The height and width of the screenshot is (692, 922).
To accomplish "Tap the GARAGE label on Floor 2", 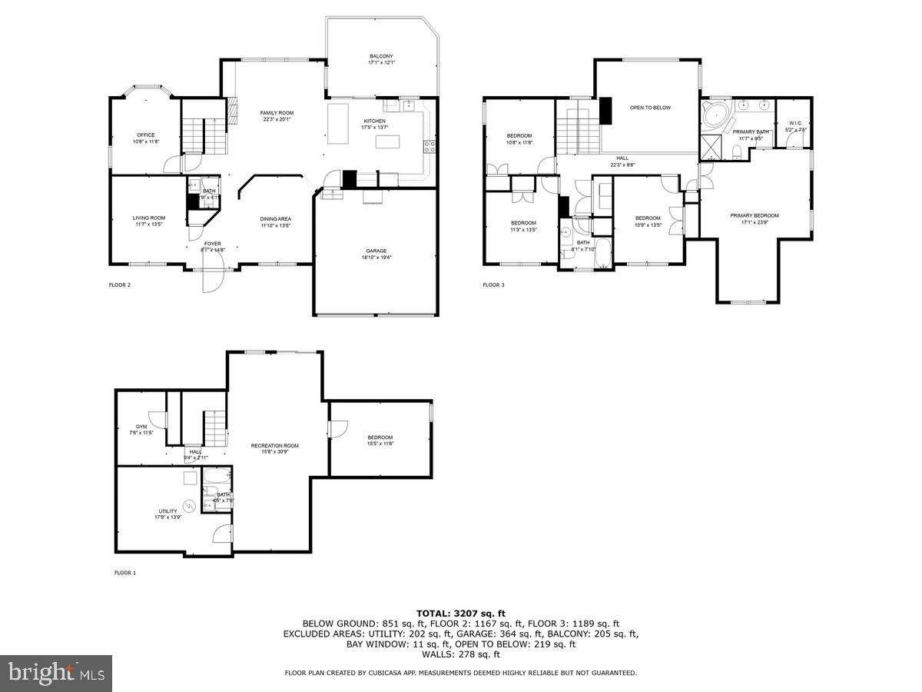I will [x=376, y=251].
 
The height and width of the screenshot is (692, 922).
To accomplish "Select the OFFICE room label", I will [x=146, y=135].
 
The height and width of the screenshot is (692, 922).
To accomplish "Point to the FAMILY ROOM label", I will [x=277, y=113].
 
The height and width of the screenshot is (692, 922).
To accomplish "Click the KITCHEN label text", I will [x=374, y=121].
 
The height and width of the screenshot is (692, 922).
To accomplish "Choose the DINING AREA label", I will [x=275, y=218].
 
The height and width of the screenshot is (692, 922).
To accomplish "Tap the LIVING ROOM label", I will [x=149, y=218].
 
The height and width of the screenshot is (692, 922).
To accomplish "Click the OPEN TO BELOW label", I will [x=650, y=108].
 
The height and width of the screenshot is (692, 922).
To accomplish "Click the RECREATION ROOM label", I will [x=274, y=446].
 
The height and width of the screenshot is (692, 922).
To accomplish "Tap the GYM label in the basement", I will [x=141, y=426].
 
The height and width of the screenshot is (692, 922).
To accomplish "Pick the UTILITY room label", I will [x=167, y=511].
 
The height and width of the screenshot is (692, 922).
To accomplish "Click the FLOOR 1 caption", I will [x=125, y=573].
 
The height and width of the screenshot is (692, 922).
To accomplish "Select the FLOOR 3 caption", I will [x=493, y=285].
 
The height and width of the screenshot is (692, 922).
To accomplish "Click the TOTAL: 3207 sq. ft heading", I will [x=461, y=613].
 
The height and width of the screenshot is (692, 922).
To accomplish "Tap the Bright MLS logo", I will [x=56, y=674].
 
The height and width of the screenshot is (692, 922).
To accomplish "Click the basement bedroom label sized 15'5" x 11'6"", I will [x=380, y=437].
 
